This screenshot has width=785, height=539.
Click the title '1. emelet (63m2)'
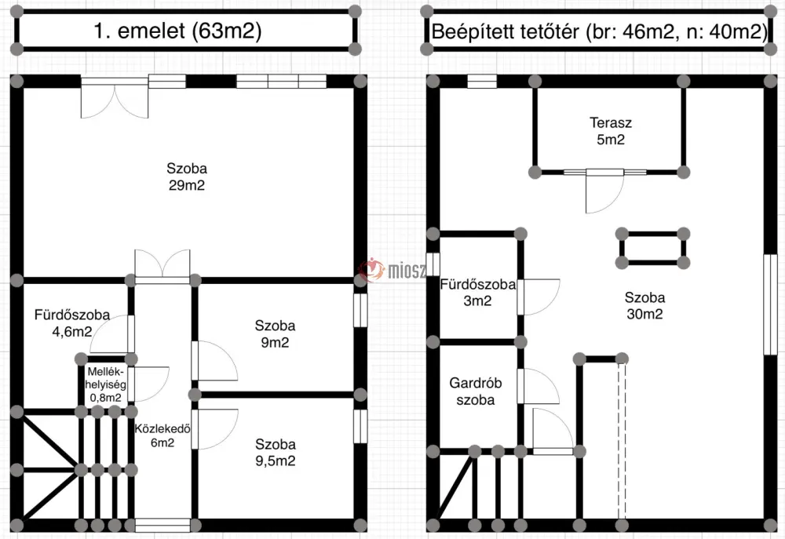177,31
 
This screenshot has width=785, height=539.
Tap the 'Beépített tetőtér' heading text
505,31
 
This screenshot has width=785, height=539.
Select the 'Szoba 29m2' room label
187,177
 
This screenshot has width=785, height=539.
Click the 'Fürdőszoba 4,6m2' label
72,322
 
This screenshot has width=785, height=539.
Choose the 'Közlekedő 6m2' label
162,435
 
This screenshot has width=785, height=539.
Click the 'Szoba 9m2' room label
275,333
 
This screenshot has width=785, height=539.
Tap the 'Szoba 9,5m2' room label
276,453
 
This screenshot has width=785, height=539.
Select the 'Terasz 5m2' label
610,130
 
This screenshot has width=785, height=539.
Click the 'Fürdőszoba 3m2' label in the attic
477,293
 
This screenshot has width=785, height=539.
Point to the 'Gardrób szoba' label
476,392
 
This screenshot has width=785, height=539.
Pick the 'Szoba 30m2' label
644,305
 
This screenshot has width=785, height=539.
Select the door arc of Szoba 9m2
214,361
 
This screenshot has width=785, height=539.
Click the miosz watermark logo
393,271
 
